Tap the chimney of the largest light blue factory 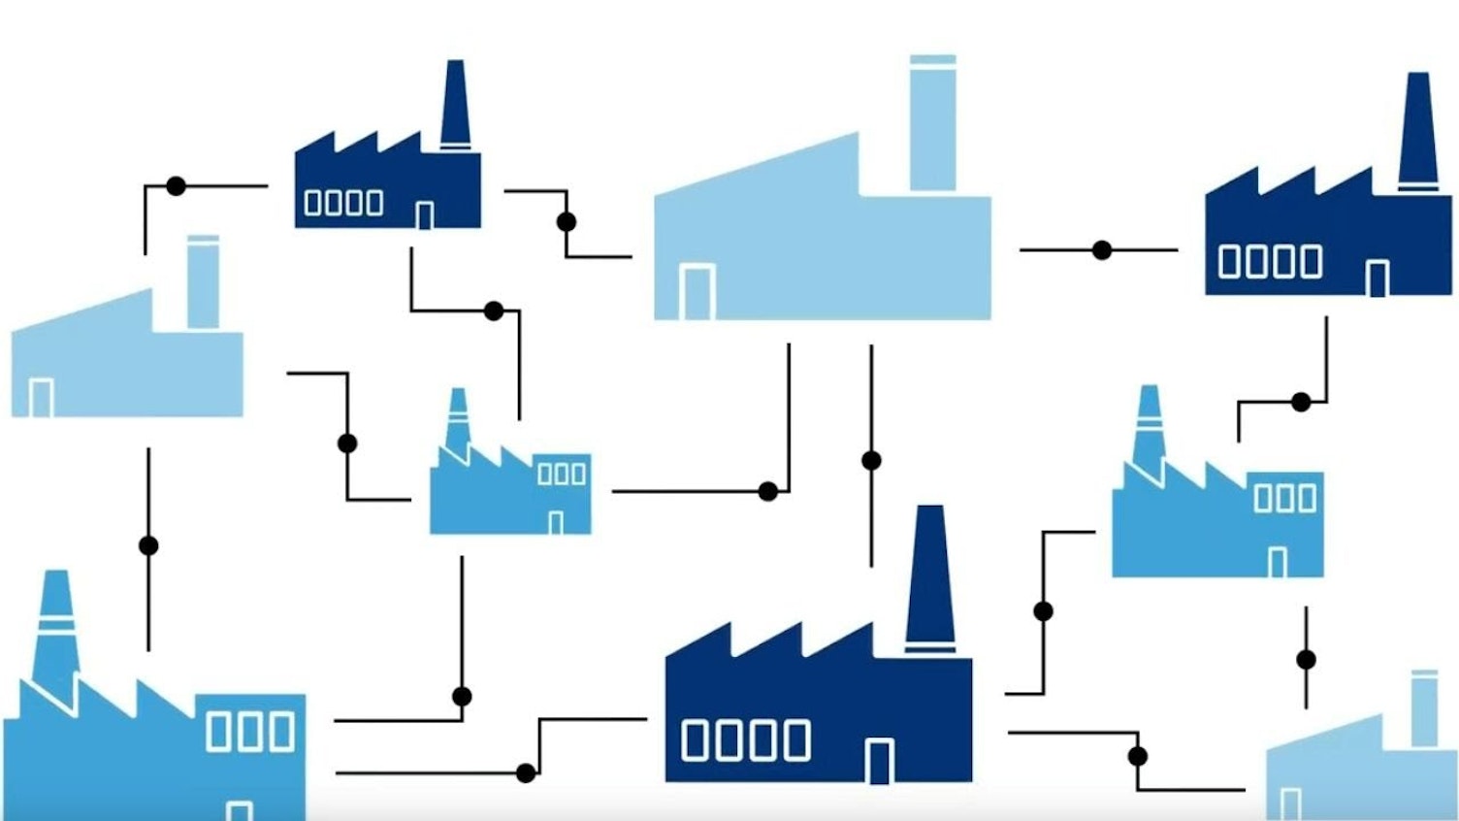(932, 123)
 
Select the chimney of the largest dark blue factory (929, 577)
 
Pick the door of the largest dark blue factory (879, 761)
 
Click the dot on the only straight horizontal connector (1101, 250)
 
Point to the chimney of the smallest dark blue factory (455, 105)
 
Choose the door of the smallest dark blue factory (424, 215)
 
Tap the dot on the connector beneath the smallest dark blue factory (494, 312)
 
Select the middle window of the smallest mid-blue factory (562, 473)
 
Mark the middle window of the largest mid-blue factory (251, 732)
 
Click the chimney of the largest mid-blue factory (54, 621)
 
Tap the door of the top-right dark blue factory (1377, 279)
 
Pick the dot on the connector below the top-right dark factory (1301, 402)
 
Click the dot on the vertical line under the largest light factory (871, 460)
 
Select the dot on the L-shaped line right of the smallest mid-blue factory (767, 491)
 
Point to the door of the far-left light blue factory (41, 398)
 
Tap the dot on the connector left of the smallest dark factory (176, 185)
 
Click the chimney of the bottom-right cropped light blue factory (1424, 708)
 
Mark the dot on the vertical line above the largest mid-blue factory (148, 545)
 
